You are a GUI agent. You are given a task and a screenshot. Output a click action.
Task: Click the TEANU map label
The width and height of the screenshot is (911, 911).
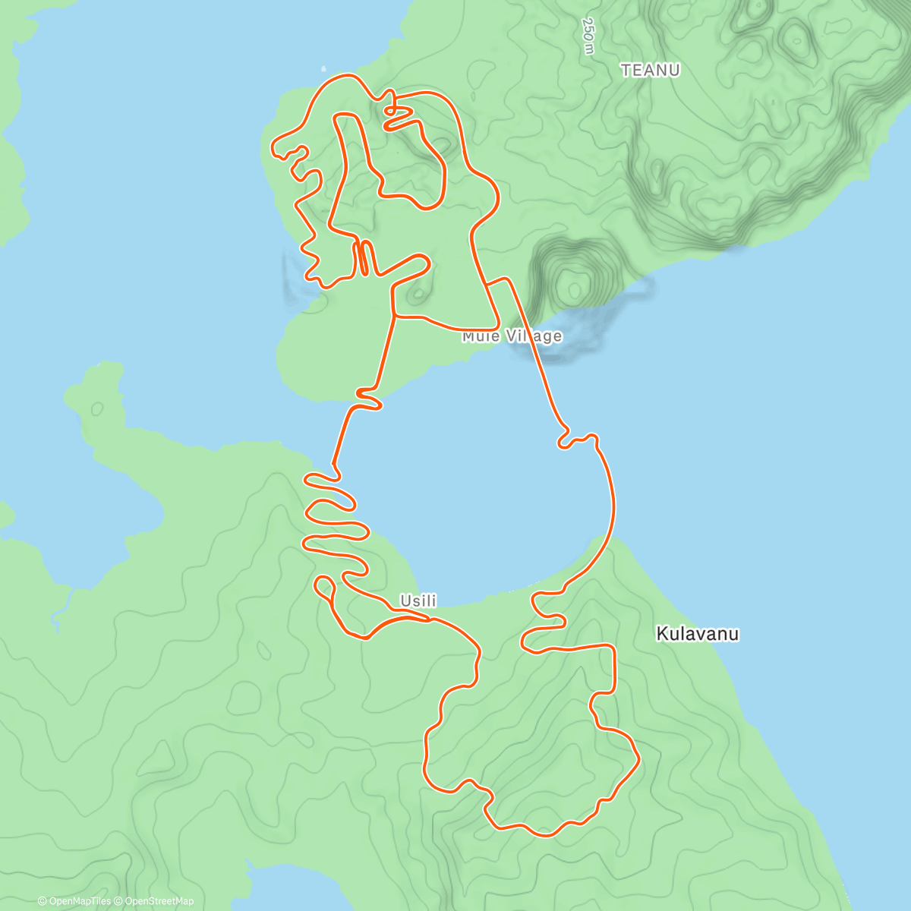pos(650,71)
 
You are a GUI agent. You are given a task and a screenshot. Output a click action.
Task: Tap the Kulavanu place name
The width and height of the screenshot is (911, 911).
pos(697,633)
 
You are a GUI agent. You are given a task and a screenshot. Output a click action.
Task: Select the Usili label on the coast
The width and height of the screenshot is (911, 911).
pos(418,601)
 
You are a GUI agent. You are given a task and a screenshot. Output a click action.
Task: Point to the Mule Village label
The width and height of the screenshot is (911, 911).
pos(512,336)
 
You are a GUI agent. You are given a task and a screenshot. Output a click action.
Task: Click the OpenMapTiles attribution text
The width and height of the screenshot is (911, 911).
pos(74,901)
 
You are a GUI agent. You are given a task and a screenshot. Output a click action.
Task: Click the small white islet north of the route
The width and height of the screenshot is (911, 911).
pos(324,67)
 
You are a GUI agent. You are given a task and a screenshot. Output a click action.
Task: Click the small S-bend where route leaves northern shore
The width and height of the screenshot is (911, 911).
pos(368,399)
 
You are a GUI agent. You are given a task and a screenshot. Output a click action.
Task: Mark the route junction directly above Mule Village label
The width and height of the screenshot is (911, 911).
pos(491,283)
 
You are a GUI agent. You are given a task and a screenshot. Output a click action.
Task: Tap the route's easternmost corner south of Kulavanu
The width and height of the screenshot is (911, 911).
pos(638,758)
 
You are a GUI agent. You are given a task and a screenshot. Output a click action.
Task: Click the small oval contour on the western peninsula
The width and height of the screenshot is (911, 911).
pos(97,408)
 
